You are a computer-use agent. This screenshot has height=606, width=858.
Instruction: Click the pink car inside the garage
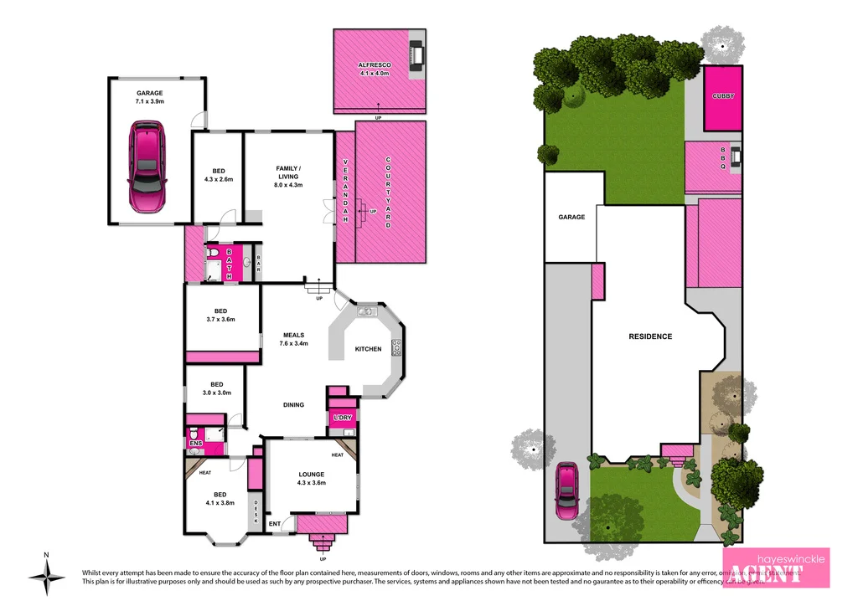[x=147, y=167]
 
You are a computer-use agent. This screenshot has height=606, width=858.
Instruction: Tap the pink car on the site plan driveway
[x=567, y=491]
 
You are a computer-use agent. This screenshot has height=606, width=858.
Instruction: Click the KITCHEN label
[x=368, y=349]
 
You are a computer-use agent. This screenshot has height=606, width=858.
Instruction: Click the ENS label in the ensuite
[x=195, y=443]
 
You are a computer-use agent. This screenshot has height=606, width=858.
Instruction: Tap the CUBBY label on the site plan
[x=723, y=96]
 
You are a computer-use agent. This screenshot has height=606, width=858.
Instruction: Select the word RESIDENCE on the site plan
[x=650, y=336]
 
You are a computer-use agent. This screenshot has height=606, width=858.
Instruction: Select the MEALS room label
[x=293, y=335]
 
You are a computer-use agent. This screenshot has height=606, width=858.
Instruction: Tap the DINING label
[x=293, y=405]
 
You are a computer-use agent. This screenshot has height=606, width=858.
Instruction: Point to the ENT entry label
[x=275, y=525]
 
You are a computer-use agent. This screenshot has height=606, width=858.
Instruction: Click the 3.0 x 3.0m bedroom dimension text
[x=215, y=393]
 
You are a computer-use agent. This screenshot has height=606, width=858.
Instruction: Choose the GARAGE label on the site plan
[x=571, y=218]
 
